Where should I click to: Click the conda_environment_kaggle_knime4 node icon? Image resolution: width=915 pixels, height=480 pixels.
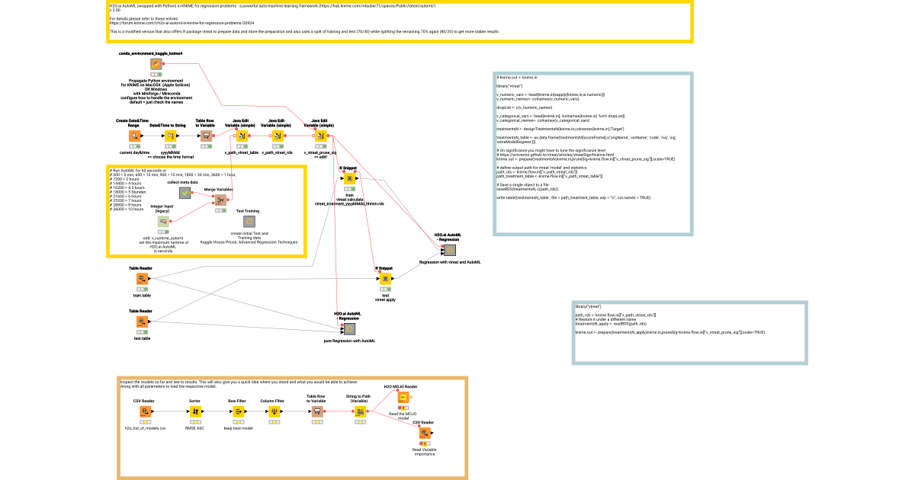point(156,65)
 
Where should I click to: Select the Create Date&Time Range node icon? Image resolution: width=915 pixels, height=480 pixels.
point(133,136)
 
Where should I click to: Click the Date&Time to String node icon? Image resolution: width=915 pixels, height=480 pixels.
point(170,136)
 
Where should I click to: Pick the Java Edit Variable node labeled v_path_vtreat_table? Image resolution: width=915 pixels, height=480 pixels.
point(241,136)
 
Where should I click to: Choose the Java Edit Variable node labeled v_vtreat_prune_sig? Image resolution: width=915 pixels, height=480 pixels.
point(321,136)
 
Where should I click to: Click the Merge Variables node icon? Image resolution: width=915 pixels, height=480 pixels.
point(220,200)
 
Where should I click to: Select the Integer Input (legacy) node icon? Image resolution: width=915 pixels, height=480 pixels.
point(162,221)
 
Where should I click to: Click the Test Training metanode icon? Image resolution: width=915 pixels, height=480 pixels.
point(248,221)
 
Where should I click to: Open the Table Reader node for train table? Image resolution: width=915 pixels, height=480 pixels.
point(142,280)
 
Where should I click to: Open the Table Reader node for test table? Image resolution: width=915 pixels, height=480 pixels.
point(142,322)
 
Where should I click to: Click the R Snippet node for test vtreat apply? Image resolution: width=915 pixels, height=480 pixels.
point(385,280)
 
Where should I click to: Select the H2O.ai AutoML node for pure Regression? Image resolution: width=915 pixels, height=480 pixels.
point(349,329)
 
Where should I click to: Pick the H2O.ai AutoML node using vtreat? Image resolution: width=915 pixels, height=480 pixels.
point(450,250)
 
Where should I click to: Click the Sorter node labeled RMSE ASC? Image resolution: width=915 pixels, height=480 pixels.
point(194,412)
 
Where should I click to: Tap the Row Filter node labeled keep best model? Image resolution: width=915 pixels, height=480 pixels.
point(238,412)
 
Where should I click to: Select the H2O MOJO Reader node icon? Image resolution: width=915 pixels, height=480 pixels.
point(402,397)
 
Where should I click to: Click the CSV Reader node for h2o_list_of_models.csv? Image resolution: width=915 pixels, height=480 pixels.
point(144,412)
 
